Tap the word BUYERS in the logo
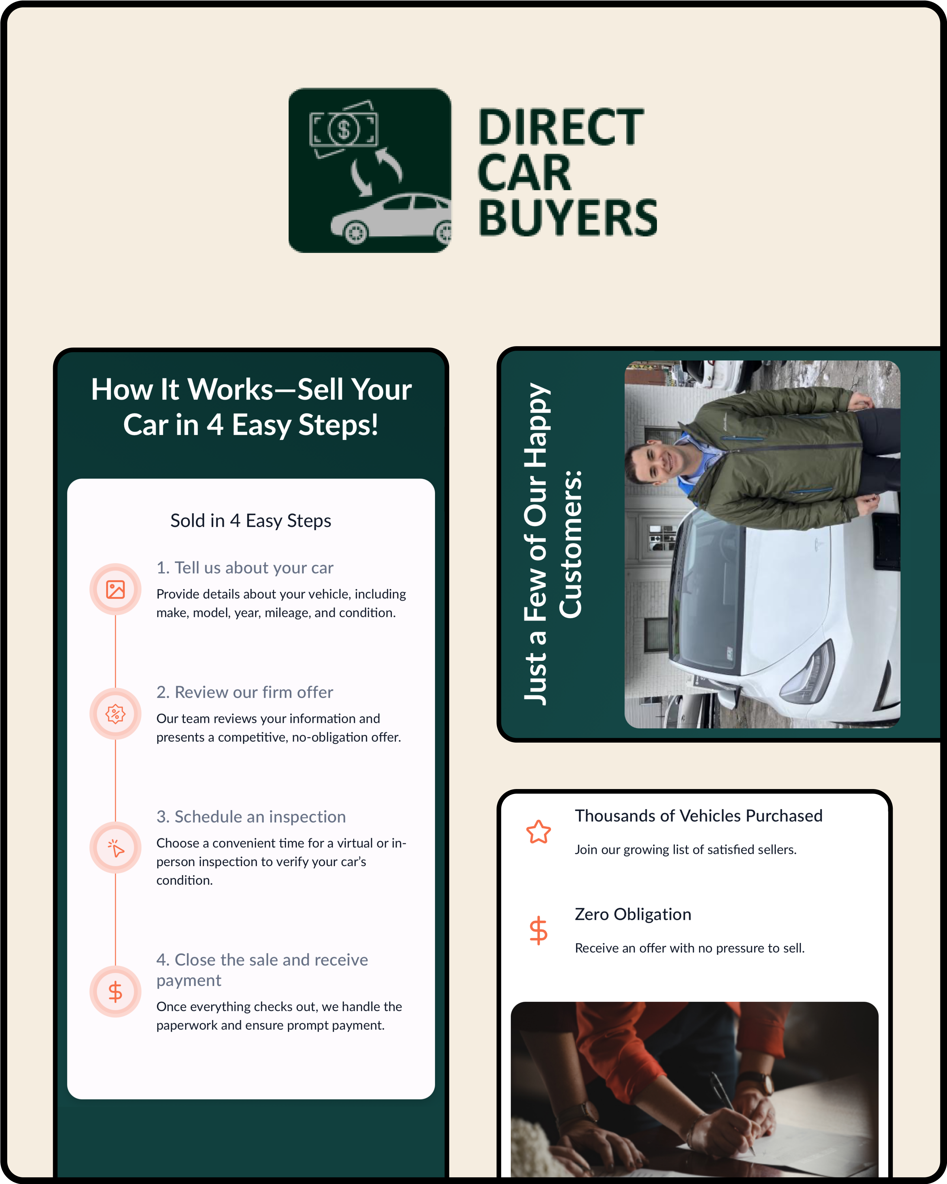[x=568, y=218]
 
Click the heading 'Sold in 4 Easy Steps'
[x=251, y=521]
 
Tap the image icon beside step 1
[x=115, y=589]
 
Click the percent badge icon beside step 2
[x=115, y=714]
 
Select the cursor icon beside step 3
[x=115, y=848]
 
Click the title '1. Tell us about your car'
[x=245, y=568]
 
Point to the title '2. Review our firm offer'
[x=245, y=693]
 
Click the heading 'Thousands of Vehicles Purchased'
[x=698, y=816]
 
